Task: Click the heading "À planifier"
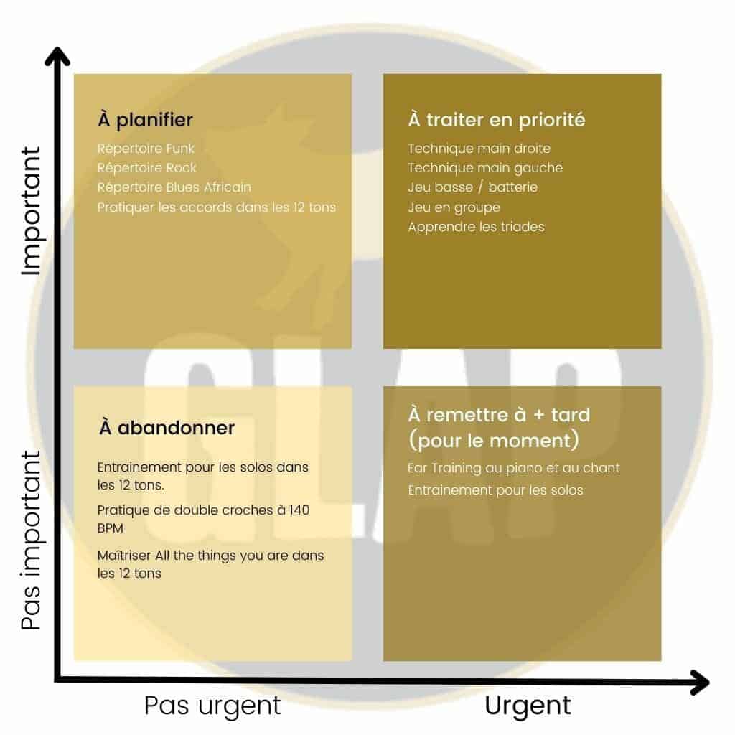coord(145,120)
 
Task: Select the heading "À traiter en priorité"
coord(497,120)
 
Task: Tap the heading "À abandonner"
coord(167,428)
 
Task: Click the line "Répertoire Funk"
coord(146,149)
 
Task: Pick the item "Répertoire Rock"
coord(146,168)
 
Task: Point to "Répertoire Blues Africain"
coord(174,187)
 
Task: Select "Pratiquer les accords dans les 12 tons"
coord(217,207)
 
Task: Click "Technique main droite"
coord(479,149)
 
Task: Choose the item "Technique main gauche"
coord(485,168)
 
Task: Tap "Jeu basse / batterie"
coord(472,187)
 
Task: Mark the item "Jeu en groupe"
coord(454,207)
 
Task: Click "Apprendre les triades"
coord(476,227)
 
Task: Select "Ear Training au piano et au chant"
coord(514,468)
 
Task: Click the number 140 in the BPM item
coord(299,510)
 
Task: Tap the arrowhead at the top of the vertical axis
coord(57,56)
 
